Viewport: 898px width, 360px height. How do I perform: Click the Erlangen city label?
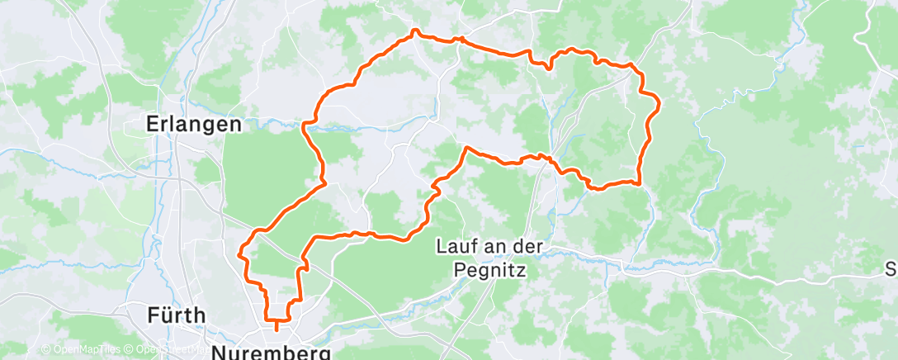pos(193,124)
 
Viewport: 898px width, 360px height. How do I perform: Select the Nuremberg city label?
pos(272,353)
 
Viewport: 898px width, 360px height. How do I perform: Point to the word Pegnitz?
pos(489,269)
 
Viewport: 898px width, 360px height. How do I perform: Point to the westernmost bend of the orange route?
pos(239,254)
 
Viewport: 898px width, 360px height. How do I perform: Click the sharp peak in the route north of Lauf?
pos(466,148)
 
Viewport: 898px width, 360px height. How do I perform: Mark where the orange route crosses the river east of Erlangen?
pos(305,126)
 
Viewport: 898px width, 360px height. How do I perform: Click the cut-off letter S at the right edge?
pos(891,269)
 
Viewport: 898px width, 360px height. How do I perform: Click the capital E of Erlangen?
pos(153,124)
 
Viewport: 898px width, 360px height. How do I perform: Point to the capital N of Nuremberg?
pos(220,353)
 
